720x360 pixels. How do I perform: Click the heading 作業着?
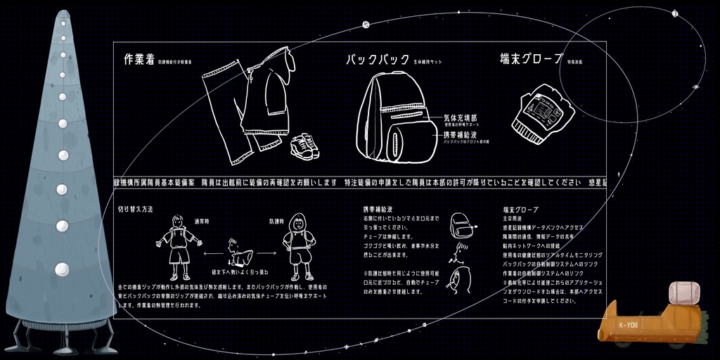[139, 60]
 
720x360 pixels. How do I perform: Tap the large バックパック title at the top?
[377, 60]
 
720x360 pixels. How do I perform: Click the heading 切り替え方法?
[135, 210]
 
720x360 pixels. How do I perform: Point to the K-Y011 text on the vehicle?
[628, 325]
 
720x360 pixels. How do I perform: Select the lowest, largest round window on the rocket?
[62, 269]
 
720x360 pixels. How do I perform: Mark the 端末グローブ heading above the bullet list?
[520, 210]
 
